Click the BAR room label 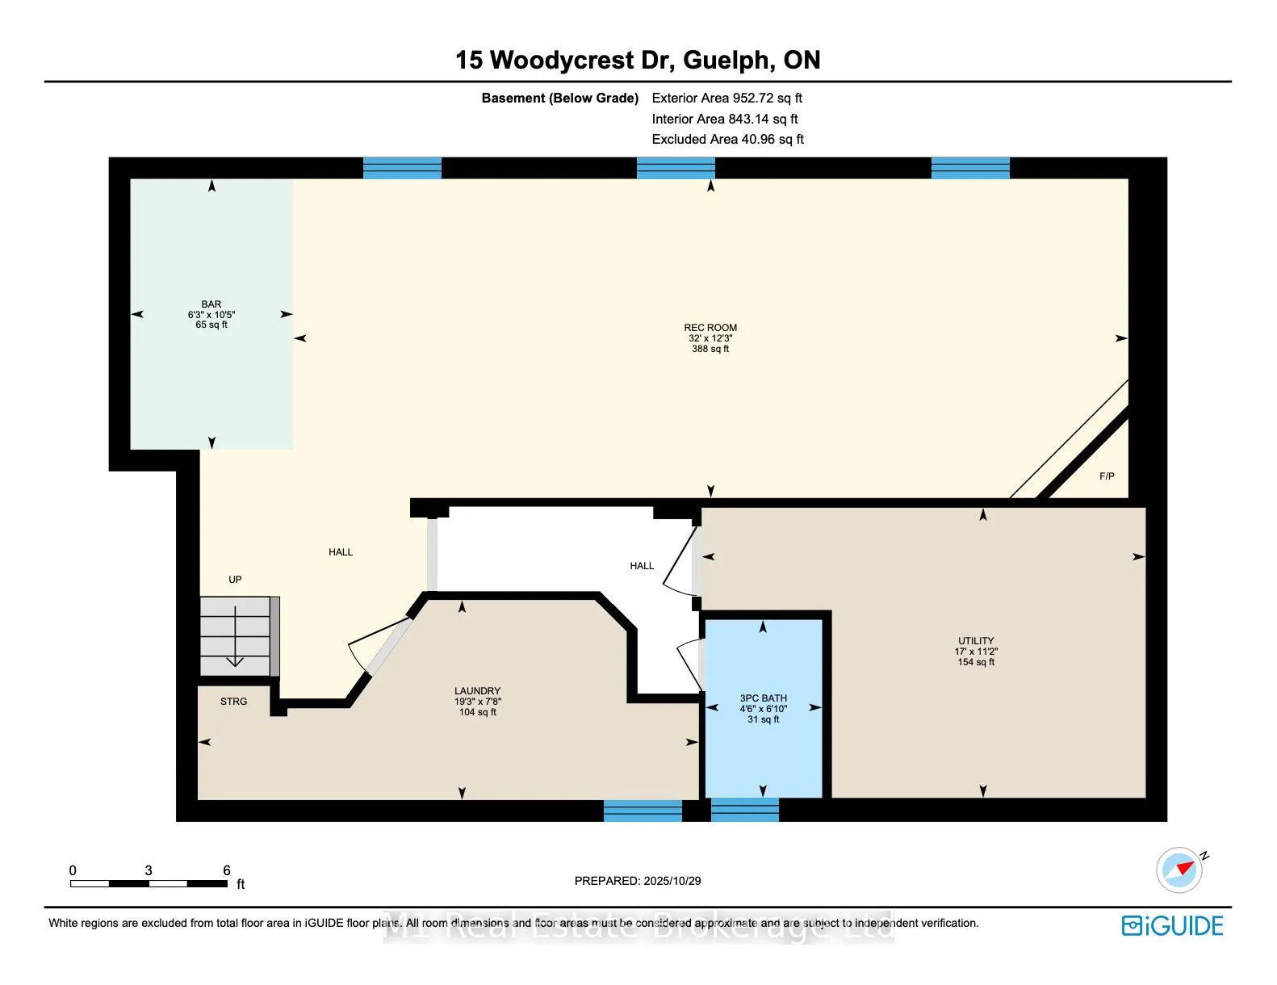pyautogui.click(x=211, y=305)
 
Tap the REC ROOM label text pyautogui.click(x=710, y=328)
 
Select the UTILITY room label pyautogui.click(x=976, y=641)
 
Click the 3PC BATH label pyautogui.click(x=763, y=698)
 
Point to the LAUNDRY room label pyautogui.click(x=477, y=691)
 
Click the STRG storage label pyautogui.click(x=233, y=702)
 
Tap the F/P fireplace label pyautogui.click(x=1107, y=476)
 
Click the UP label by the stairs pyautogui.click(x=235, y=580)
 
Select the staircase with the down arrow pyautogui.click(x=235, y=636)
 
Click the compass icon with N pyautogui.click(x=1179, y=870)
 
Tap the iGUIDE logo pyautogui.click(x=1173, y=926)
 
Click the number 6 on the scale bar pyautogui.click(x=227, y=870)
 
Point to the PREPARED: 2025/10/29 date pyautogui.click(x=638, y=881)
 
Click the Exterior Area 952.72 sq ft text pyautogui.click(x=726, y=98)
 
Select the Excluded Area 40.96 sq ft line pyautogui.click(x=727, y=140)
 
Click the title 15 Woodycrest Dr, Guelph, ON pyautogui.click(x=638, y=61)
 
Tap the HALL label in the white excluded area pyautogui.click(x=642, y=566)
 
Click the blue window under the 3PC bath pyautogui.click(x=744, y=810)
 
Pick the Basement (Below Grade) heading pyautogui.click(x=559, y=98)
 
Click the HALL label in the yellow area pyautogui.click(x=341, y=552)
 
